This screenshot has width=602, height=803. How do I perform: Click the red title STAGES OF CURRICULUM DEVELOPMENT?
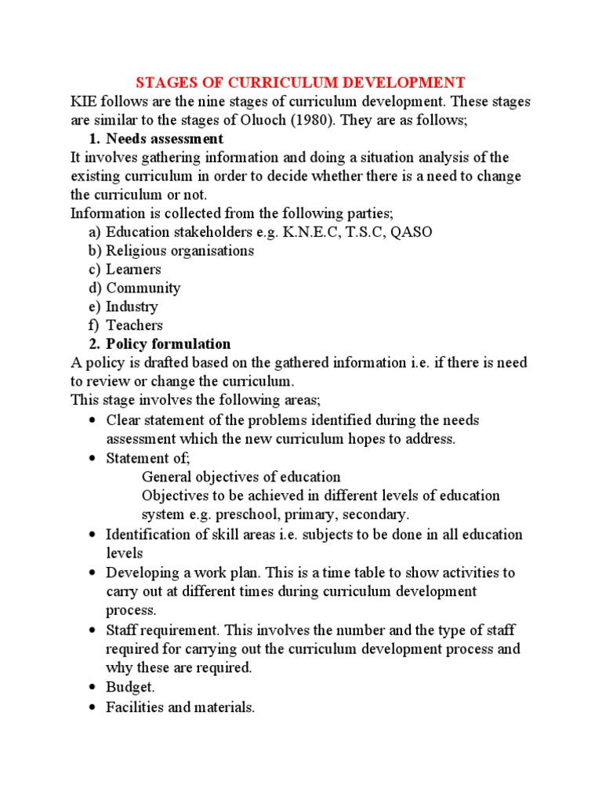(301, 82)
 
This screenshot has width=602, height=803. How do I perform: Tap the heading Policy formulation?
(169, 343)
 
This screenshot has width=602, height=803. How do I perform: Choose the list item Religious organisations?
(180, 251)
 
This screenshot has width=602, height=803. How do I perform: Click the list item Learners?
(133, 269)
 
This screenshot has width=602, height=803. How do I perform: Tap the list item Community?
(143, 288)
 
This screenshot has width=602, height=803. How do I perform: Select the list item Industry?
(132, 307)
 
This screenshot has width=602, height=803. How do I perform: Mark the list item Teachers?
(135, 325)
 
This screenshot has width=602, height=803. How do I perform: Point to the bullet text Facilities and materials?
(180, 707)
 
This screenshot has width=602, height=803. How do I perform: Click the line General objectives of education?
(241, 477)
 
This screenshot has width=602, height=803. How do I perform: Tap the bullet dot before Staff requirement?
(92, 630)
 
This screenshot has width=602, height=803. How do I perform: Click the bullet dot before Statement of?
(92, 458)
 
